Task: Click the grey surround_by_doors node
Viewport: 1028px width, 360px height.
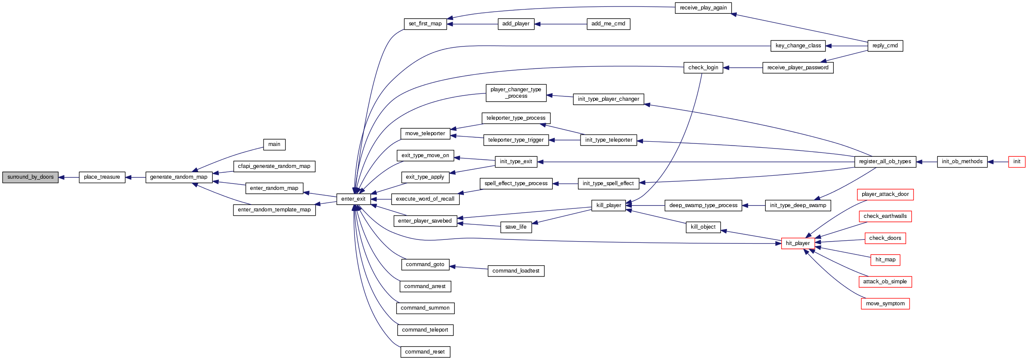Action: [x=30, y=177]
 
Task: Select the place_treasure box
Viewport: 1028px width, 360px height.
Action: [x=102, y=177]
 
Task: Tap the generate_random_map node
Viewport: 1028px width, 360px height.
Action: [x=179, y=177]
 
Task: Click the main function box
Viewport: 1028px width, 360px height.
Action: [x=274, y=144]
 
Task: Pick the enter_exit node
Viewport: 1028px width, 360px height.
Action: [x=353, y=199]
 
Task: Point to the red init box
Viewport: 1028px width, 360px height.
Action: [x=1016, y=161]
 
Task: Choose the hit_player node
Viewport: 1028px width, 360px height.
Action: [x=798, y=243]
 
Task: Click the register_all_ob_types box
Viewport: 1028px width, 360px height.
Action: [x=885, y=161]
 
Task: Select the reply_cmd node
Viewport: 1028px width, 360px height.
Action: [x=885, y=46]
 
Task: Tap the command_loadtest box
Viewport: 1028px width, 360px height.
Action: [x=516, y=271]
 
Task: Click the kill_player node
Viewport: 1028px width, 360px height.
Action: [x=609, y=205]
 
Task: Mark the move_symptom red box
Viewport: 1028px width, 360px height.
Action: [x=885, y=304]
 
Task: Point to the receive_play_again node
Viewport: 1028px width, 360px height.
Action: [x=703, y=8]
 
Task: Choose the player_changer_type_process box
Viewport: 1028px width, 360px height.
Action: [x=516, y=93]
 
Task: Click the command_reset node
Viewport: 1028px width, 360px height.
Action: [x=425, y=352]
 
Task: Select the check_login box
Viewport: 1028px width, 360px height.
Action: [x=703, y=68]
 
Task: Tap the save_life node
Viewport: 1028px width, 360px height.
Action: [x=516, y=227]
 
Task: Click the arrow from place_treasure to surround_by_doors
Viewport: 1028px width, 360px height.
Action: [x=68, y=177]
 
